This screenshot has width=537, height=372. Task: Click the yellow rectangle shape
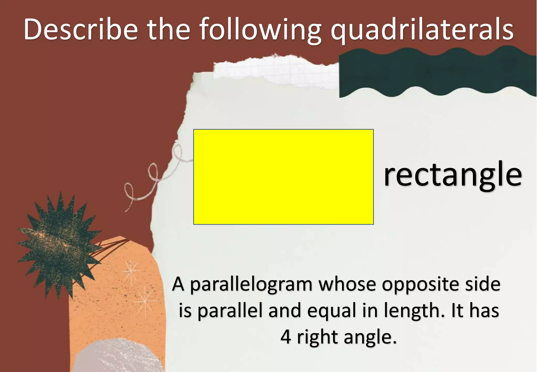tap(283, 177)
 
